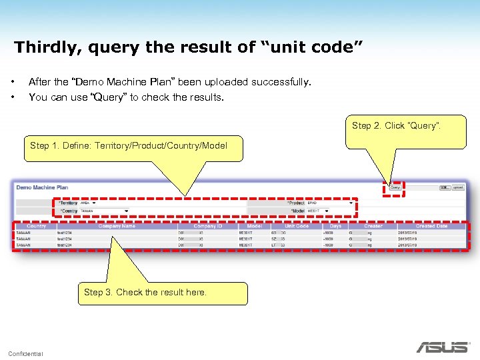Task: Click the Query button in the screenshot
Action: click(x=395, y=188)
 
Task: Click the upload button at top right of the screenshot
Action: click(x=458, y=188)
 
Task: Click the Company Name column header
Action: click(x=116, y=226)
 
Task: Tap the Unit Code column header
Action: click(x=297, y=226)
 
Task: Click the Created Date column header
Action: click(x=431, y=226)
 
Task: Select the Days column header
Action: click(x=335, y=226)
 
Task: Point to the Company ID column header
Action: click(x=208, y=226)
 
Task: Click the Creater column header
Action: click(x=373, y=226)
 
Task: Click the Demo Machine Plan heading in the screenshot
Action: click(x=42, y=187)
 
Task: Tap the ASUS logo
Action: click(x=443, y=347)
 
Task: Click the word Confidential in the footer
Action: click(x=25, y=353)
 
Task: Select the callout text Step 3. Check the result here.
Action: click(x=145, y=292)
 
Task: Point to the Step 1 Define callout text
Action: click(x=128, y=145)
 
